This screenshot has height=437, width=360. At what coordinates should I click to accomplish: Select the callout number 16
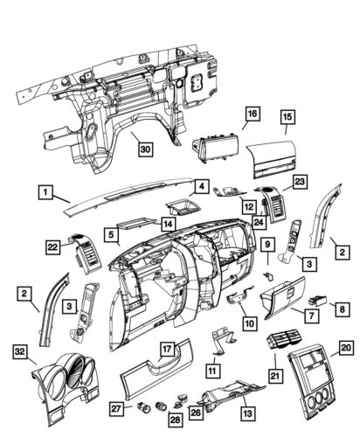pos(252,114)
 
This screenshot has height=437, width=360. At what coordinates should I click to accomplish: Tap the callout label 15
pos(287,114)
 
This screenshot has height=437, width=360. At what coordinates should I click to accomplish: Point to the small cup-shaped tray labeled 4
pos(184,209)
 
